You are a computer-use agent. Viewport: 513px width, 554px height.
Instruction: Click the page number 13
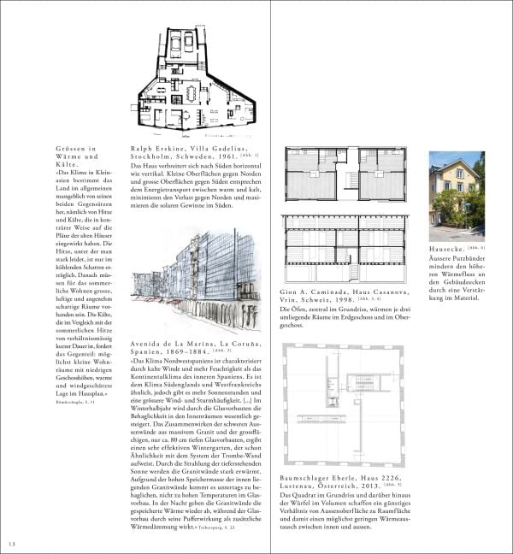11,545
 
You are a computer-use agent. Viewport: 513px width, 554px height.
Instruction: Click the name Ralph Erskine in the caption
156,148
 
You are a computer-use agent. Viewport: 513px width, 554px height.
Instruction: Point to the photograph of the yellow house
456,196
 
